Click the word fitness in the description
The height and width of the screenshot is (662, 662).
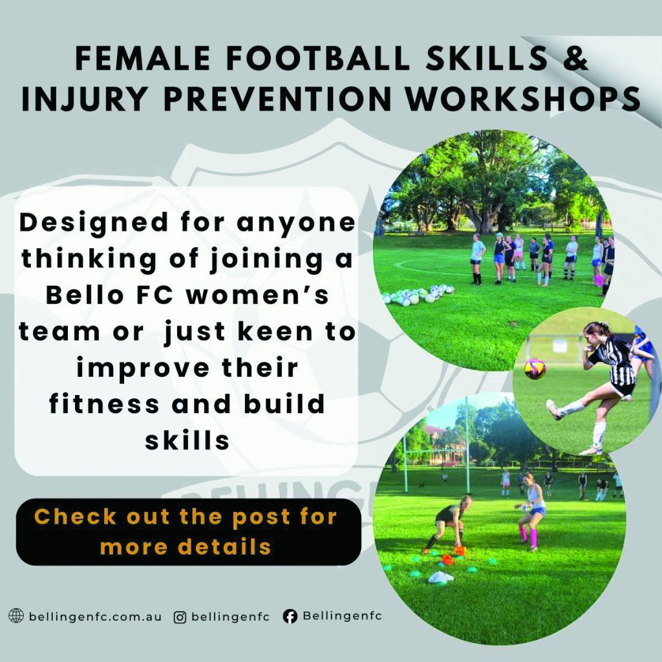pos(104,403)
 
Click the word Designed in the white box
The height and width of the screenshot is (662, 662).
pos(94,223)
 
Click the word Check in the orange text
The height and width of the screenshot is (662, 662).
pos(76,516)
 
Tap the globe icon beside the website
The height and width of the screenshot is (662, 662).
pos(16,615)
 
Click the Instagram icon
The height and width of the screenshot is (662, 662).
pos(180,617)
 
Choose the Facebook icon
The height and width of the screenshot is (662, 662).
pos(290,616)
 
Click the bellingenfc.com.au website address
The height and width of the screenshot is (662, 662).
pos(95,616)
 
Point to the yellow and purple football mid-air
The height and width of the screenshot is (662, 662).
pos(535,368)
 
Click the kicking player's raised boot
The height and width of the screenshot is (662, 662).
pos(554,409)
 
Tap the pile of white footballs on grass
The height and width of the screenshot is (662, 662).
pos(418,295)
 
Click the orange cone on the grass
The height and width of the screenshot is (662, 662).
pos(460,550)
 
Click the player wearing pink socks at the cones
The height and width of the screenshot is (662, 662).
pos(531,511)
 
